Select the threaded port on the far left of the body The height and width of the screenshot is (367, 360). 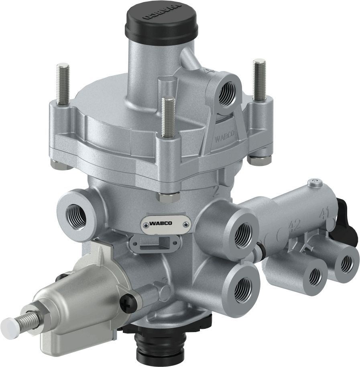click(75, 216)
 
